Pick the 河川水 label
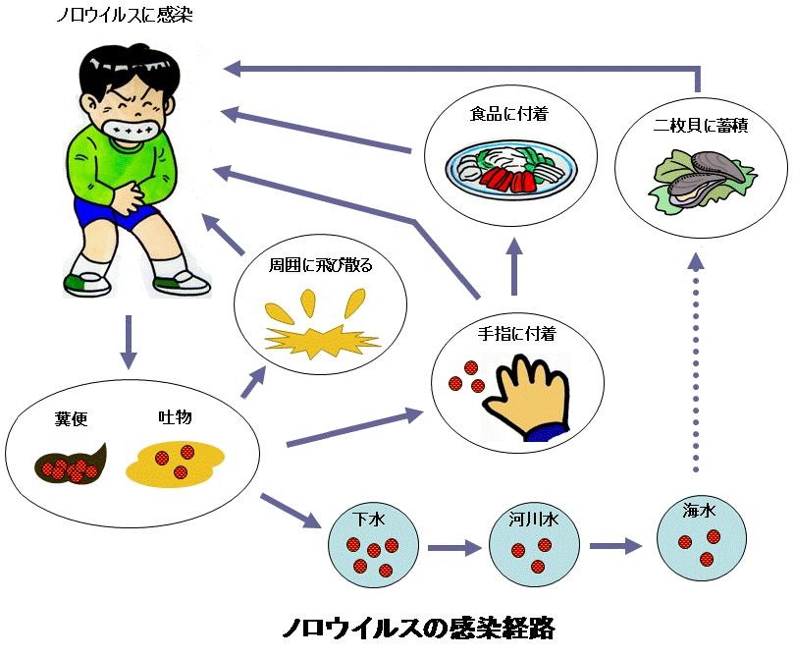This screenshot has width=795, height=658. tap(533, 518)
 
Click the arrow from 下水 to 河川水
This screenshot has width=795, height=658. tap(452, 547)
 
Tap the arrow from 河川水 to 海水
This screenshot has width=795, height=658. tap(614, 546)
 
